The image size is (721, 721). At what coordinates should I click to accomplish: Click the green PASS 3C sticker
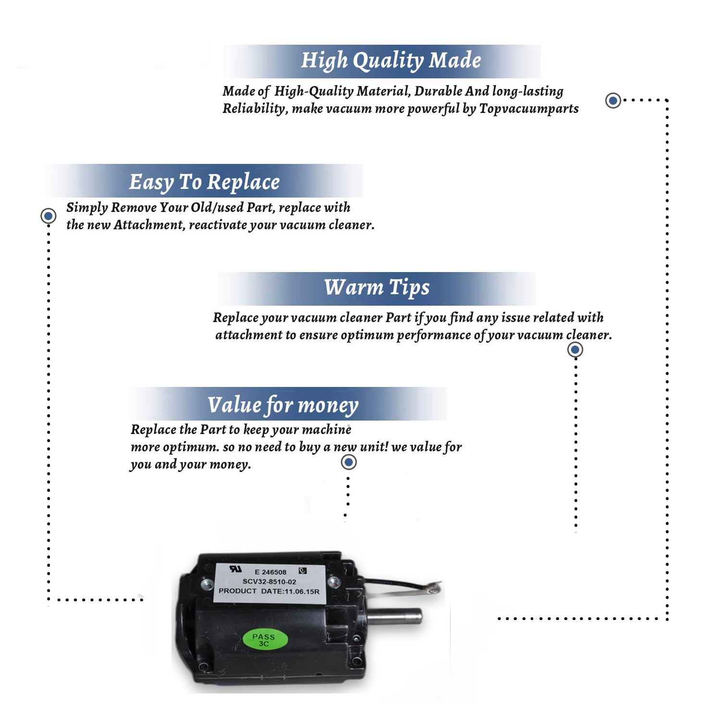click(264, 640)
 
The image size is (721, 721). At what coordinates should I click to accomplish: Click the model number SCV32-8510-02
click(269, 582)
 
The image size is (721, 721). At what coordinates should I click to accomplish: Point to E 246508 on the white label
click(271, 572)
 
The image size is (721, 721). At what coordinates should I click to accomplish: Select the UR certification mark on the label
click(236, 569)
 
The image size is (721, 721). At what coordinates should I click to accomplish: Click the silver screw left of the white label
click(207, 584)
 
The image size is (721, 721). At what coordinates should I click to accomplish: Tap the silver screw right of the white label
click(334, 582)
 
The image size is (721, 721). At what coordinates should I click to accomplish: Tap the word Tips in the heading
click(409, 287)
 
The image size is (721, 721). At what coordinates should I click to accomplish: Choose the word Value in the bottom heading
click(235, 405)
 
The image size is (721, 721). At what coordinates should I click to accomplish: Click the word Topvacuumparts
click(529, 109)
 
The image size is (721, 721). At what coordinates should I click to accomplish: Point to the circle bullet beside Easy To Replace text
click(48, 216)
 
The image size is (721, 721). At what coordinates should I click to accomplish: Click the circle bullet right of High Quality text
click(613, 100)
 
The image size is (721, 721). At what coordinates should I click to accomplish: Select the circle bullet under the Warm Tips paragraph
click(575, 349)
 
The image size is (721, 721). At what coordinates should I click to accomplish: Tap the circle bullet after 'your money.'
click(348, 462)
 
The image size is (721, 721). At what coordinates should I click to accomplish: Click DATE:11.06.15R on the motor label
click(290, 591)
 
